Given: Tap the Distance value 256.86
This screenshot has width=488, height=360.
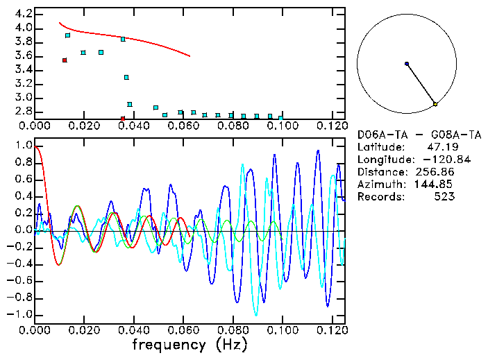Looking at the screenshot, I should [x=436, y=172].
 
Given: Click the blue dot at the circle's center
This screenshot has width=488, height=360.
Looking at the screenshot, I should [x=407, y=64].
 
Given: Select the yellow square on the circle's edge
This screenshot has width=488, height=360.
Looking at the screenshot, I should [x=435, y=104].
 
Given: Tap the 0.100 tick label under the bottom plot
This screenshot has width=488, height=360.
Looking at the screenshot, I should [x=281, y=330].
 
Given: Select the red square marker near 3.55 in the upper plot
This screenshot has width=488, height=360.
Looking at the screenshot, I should [x=65, y=60].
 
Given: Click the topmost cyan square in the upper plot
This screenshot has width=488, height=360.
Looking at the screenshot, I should [x=67, y=35].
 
